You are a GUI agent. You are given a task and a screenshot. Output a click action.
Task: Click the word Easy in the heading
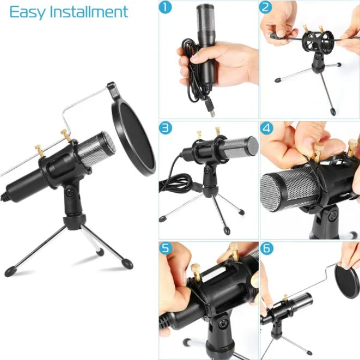coord(27,12)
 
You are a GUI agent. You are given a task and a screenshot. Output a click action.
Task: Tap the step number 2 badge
coord(266,8)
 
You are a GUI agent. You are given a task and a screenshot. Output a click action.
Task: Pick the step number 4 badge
coord(266,129)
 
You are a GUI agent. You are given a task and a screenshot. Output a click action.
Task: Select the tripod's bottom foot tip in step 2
coord(332,113)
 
